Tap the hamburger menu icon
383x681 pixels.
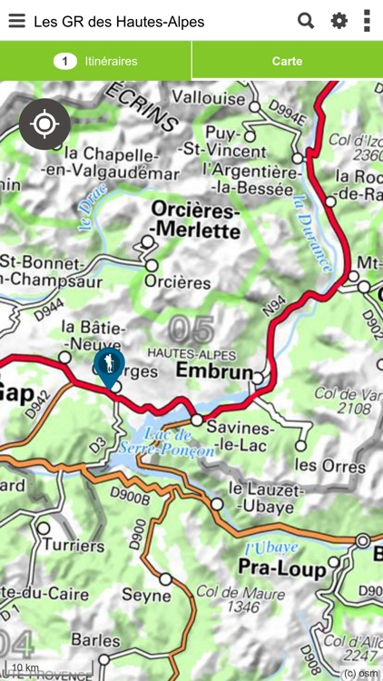click(x=16, y=21)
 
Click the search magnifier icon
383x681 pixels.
click(x=306, y=21)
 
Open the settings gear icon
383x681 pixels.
click(x=339, y=21)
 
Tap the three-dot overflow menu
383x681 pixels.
click(x=367, y=21)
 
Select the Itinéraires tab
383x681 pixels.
click(x=95, y=62)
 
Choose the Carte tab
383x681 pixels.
click(x=287, y=62)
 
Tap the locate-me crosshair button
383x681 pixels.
click(x=44, y=123)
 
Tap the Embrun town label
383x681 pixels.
click(x=212, y=372)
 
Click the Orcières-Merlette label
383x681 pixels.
click(x=195, y=221)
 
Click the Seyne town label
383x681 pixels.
click(x=146, y=597)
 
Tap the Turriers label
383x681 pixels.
click(x=74, y=546)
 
